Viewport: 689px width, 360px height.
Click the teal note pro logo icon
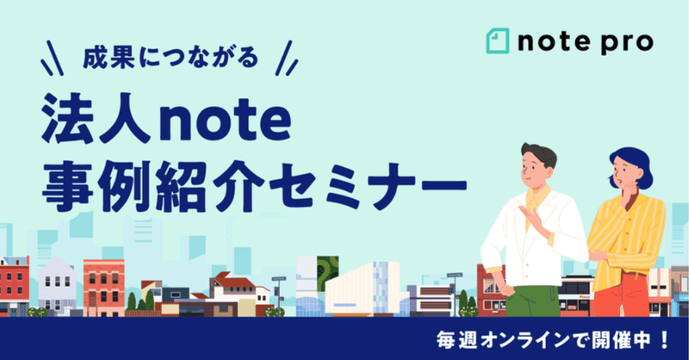pos(498,40)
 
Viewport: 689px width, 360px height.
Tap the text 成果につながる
pos(170,58)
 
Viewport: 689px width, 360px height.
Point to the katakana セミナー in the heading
pos(368,187)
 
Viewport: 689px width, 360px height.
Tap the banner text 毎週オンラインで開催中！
pos(553,340)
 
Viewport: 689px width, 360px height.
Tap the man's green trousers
pos(532,301)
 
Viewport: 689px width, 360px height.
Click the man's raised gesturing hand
pos(531,216)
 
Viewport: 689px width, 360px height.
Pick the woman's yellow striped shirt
pos(626,239)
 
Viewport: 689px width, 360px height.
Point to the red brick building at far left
pos(14,286)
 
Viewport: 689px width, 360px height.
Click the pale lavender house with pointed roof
pos(57,286)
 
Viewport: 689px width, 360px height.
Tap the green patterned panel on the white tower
pos(327,273)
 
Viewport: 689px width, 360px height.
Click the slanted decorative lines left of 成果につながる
pos(52,58)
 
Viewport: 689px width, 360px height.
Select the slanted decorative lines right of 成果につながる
pos(286,58)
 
